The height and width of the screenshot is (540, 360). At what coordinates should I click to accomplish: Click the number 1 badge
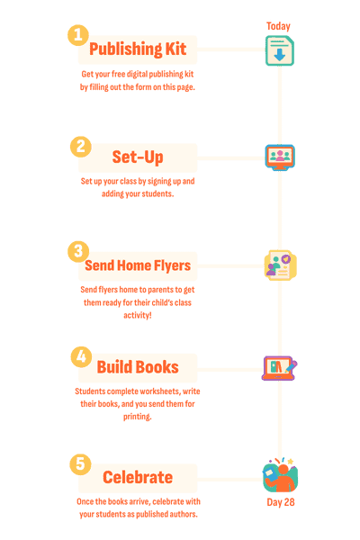(78, 35)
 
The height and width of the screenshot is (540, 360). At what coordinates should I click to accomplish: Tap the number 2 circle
(81, 147)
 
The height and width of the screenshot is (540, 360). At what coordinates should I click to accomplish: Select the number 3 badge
(78, 251)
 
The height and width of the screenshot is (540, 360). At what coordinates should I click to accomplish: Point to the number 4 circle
(81, 356)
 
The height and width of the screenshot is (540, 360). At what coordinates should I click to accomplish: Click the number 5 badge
(81, 464)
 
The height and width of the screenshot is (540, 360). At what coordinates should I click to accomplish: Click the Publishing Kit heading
(138, 49)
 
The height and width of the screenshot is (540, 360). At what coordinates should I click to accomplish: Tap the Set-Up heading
(138, 157)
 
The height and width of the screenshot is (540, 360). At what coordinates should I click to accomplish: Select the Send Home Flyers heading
(138, 265)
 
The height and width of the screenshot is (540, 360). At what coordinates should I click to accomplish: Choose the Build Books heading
(138, 367)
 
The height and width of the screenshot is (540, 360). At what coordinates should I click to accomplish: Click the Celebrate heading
(138, 477)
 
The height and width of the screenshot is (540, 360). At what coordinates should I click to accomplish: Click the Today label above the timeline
(278, 26)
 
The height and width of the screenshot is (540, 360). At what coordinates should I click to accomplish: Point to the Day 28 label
(281, 502)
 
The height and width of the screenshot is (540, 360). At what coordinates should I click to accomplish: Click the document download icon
(280, 50)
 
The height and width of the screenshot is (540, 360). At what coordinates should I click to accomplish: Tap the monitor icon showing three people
(280, 157)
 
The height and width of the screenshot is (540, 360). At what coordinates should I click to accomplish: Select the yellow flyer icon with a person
(281, 265)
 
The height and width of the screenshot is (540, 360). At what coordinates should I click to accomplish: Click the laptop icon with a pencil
(279, 368)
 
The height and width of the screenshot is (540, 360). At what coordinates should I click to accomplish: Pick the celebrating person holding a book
(281, 475)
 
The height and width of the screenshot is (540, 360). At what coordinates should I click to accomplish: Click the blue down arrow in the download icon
(280, 55)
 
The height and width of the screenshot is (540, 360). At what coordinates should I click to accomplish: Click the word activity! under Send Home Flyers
(138, 315)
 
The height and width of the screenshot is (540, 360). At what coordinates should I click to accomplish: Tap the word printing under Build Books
(138, 417)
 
